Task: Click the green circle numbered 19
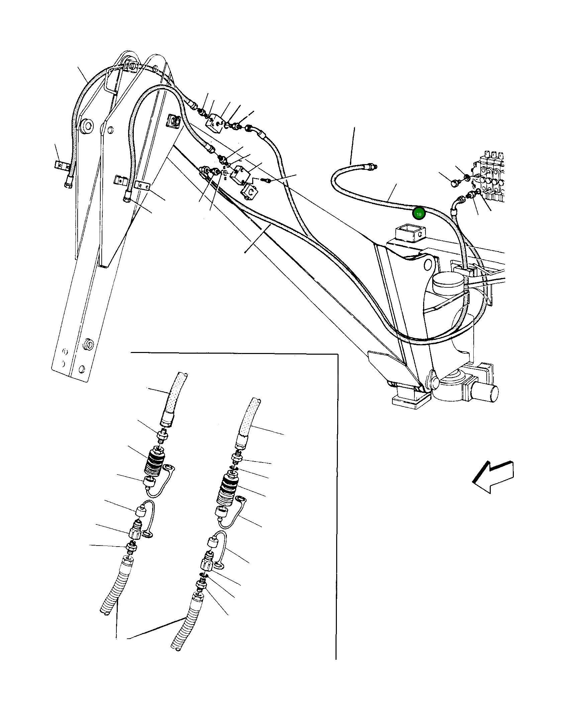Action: coord(418,214)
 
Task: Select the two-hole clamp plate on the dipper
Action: coord(142,186)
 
